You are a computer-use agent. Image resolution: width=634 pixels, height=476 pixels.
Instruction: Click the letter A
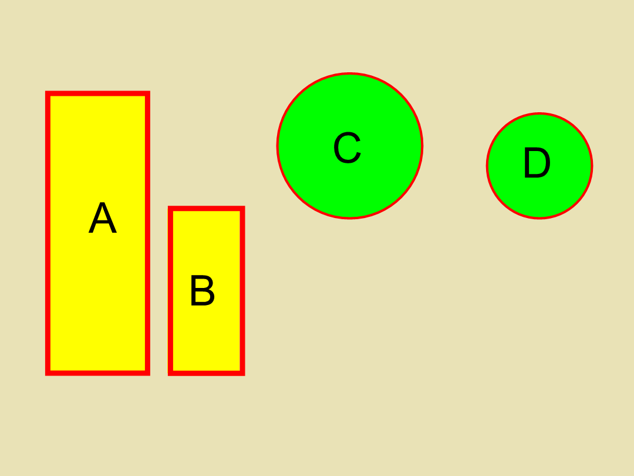point(103,217)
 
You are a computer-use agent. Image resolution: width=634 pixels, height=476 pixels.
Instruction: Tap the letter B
point(203,290)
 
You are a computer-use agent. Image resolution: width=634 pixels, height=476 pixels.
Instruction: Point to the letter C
point(348,148)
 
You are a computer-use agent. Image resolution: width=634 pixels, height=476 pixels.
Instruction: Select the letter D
point(537,162)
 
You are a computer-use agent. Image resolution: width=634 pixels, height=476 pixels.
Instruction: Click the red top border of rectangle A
point(98,93)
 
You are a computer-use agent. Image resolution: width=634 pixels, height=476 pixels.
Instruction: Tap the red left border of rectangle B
point(171,291)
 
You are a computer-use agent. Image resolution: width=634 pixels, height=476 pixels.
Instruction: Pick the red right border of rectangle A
point(147,233)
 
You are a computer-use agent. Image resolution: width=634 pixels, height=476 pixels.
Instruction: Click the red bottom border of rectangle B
point(207,373)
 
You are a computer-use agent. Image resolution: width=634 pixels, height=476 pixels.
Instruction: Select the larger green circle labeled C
point(350,182)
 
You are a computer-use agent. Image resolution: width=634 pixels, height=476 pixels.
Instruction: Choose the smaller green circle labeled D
point(539,195)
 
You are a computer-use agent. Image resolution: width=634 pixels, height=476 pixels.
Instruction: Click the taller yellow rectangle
point(98,283)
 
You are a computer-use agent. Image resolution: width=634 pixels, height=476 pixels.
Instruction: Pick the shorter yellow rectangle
point(207,332)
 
